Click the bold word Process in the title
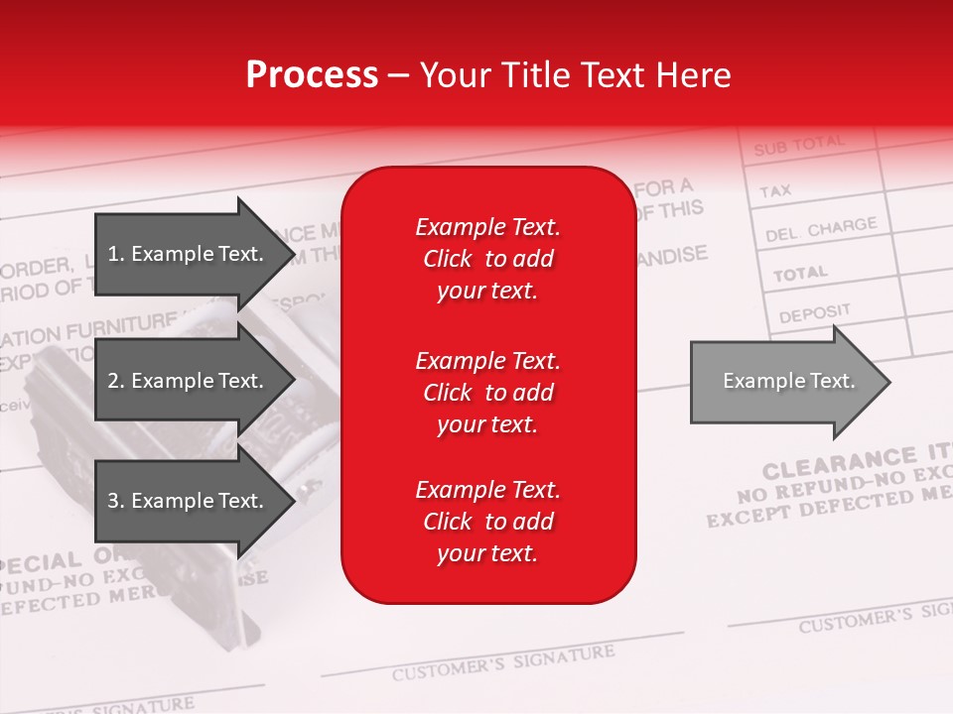pyautogui.click(x=312, y=75)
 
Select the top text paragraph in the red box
pyautogui.click(x=487, y=259)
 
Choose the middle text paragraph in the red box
pyautogui.click(x=487, y=393)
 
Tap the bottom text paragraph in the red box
pyautogui.click(x=487, y=522)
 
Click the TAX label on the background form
pyautogui.click(x=775, y=190)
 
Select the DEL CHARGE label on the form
pyautogui.click(x=821, y=230)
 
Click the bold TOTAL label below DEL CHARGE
pyautogui.click(x=800, y=273)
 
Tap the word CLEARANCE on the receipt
pyautogui.click(x=839, y=464)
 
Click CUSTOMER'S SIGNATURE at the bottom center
pyautogui.click(x=502, y=662)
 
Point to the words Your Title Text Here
pyautogui.click(x=575, y=75)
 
